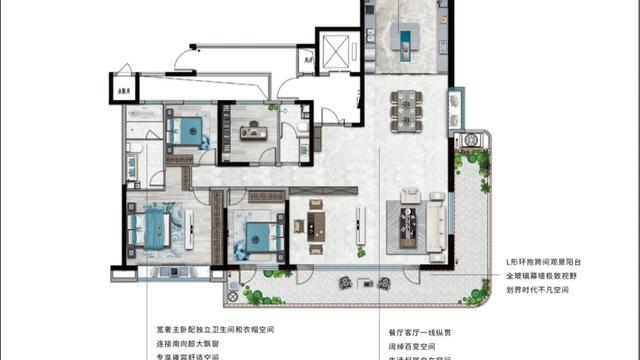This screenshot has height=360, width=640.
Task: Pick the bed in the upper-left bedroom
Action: [x=185, y=129]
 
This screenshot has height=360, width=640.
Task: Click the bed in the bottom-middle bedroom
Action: [x=258, y=237]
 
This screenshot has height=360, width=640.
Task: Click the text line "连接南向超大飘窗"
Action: [x=200, y=343]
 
